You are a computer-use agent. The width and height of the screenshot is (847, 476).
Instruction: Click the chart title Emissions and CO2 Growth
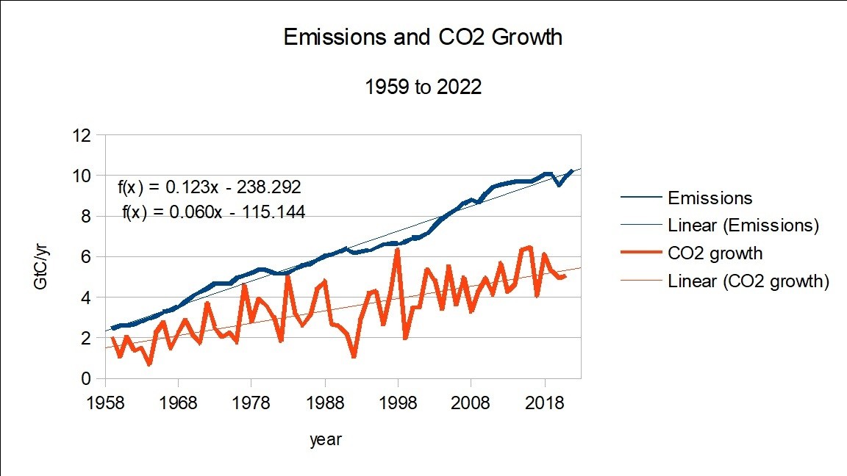point(423,37)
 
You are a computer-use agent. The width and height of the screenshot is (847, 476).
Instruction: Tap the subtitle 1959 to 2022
point(423,87)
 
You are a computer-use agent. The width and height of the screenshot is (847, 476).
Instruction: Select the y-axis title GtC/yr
point(43,256)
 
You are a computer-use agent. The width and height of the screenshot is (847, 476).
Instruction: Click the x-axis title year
point(325,439)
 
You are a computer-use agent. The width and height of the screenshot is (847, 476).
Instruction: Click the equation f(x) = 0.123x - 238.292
point(210,187)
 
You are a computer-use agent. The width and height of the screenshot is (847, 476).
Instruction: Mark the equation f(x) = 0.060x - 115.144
point(214,212)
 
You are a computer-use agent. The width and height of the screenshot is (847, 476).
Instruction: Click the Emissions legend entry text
point(710,198)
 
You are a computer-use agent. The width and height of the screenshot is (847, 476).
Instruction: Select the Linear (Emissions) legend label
point(743,226)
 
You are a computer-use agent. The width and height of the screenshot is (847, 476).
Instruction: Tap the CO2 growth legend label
point(715,253)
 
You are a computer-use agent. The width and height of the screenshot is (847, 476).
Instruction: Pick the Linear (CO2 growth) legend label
point(748,281)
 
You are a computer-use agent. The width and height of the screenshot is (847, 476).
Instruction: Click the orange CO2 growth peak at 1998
point(398,250)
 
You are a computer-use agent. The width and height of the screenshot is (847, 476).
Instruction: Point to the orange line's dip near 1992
point(354,356)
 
